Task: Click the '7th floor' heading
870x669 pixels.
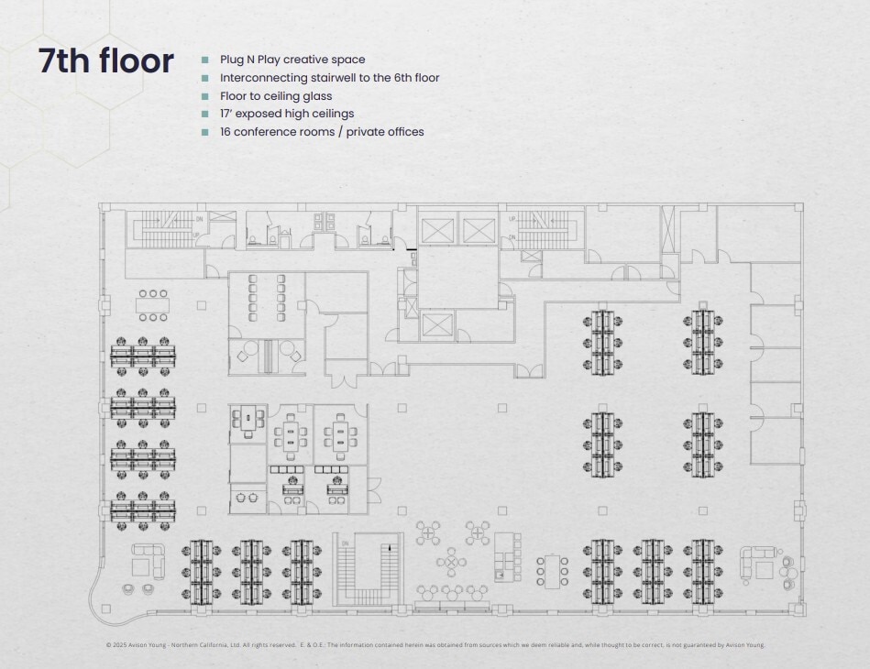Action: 105,60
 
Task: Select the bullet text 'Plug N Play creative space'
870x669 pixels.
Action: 292,60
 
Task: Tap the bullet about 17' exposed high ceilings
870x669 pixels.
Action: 286,114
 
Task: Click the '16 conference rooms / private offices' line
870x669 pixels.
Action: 321,132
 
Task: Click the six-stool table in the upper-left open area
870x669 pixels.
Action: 152,305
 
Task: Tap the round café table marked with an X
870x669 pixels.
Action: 450,561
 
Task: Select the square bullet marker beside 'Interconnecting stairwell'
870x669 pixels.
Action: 205,78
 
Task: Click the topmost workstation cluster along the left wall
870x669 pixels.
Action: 143,356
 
